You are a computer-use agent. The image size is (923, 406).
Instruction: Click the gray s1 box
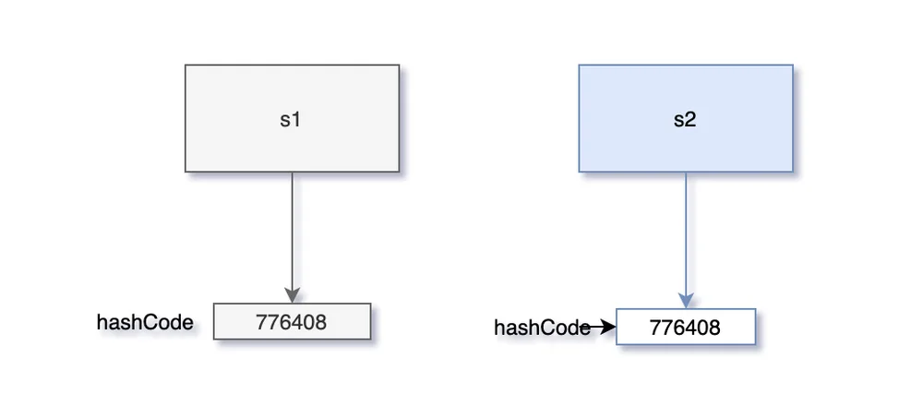pos(292,118)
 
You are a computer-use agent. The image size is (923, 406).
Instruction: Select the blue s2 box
pos(686,118)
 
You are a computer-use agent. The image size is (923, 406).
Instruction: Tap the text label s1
pos(290,119)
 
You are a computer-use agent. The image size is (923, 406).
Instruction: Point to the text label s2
pos(685,119)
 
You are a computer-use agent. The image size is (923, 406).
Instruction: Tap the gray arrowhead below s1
pos(293,295)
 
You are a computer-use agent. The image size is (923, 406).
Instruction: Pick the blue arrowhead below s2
pos(686,300)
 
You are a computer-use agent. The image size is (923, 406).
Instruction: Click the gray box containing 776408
pos(292,321)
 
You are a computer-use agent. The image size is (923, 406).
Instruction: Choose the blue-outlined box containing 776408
pos(686,327)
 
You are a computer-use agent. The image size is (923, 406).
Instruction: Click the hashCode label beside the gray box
pos(145,322)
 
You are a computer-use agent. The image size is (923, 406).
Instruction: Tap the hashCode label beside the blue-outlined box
pos(542,328)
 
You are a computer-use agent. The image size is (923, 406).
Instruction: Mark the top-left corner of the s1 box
pos(186,66)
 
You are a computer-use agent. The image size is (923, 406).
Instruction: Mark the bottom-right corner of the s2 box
pos(793,172)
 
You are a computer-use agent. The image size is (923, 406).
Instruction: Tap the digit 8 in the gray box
pos(320,322)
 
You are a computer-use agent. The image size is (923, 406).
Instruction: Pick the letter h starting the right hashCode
pos(499,328)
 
